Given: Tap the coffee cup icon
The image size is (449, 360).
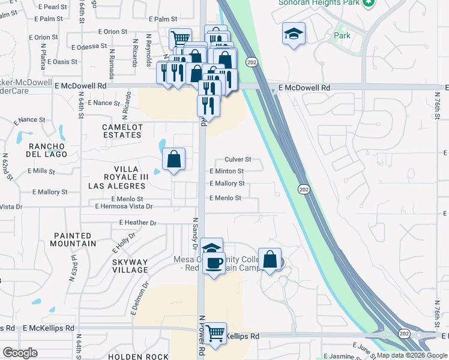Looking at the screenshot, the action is pos(214,262).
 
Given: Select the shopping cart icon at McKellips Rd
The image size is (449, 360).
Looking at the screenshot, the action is pos(215,332).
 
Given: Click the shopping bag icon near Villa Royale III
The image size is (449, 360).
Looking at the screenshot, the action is pos(173,159).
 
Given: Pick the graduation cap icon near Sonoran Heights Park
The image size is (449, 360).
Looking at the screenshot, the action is pos(294,34).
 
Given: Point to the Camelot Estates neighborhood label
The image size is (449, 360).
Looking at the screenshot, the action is pos(122,131).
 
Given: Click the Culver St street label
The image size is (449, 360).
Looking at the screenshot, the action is pos(238,160).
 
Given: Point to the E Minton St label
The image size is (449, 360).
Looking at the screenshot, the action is pos(226,171).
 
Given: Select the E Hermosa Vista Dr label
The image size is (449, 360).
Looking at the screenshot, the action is pos(124,206).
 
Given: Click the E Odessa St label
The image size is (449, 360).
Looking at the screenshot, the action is pos(89,46).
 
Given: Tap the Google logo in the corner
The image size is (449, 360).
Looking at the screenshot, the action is pos(20,353).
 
